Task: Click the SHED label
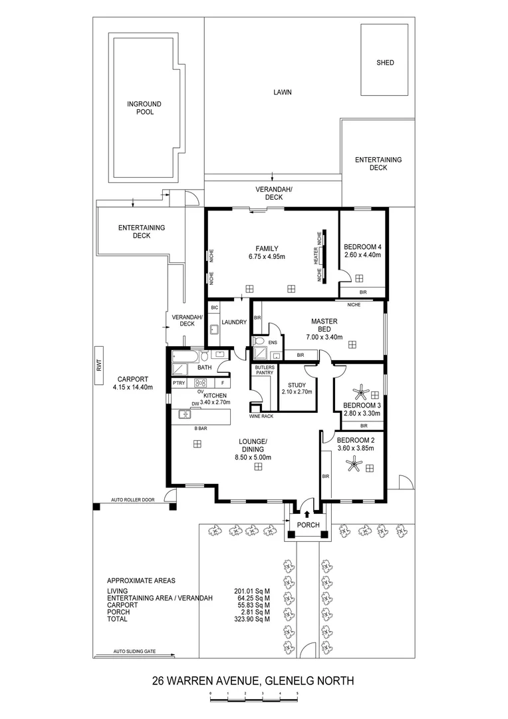coord(385,63)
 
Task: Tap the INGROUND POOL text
coord(145,109)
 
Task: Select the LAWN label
coord(283,93)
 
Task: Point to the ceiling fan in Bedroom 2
coord(352,467)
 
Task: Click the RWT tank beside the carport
coord(98,365)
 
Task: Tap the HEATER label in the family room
coord(316,257)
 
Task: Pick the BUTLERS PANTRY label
coord(264,370)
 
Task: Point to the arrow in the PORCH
coord(307,513)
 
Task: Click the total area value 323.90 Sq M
coord(252,619)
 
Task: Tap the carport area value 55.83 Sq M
coord(252,605)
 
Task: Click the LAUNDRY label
coord(234,322)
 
